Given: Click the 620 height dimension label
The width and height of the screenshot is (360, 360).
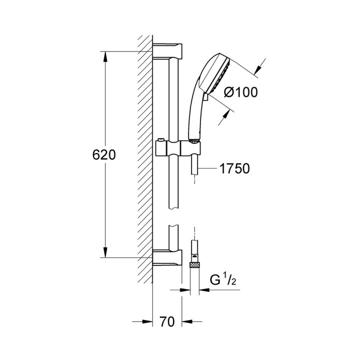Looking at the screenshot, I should pyautogui.click(x=104, y=155).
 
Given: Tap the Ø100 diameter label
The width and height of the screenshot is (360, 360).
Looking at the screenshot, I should pyautogui.click(x=241, y=92).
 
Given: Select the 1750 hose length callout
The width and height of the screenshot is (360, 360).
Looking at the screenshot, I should pyautogui.click(x=234, y=169).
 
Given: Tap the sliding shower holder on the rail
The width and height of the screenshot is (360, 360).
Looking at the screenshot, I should pyautogui.click(x=177, y=148).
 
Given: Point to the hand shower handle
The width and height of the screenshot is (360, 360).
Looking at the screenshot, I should pyautogui.click(x=194, y=115).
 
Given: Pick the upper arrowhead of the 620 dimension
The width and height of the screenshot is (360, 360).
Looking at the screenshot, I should pyautogui.click(x=105, y=56).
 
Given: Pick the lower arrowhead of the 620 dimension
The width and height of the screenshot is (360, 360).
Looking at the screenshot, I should pyautogui.click(x=105, y=252).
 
